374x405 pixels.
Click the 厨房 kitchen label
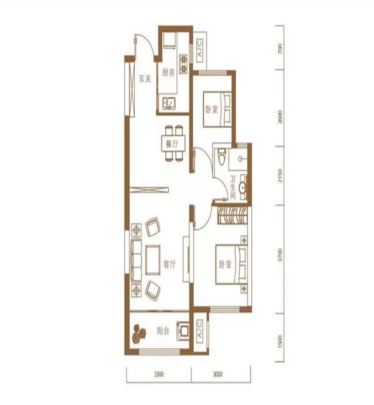pyautogui.click(x=168, y=73)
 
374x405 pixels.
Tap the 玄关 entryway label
pyautogui.click(x=145, y=79)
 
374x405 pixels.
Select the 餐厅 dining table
pyautogui.click(x=173, y=143)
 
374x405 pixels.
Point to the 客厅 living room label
pyautogui.click(x=170, y=264)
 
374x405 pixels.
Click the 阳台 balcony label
pyautogui.click(x=163, y=331)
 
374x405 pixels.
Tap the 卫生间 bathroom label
pyautogui.click(x=233, y=188)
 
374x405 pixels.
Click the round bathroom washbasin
pyautogui.click(x=242, y=187)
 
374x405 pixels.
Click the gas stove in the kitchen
pyautogui.click(x=183, y=64)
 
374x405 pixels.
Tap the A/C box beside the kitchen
pyautogui.click(x=200, y=50)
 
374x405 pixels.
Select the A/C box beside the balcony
pyautogui.click(x=199, y=331)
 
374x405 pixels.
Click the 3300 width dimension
pyautogui.click(x=159, y=374)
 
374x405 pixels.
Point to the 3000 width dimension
pyautogui.click(x=218, y=374)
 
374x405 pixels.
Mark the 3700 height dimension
pyautogui.click(x=280, y=255)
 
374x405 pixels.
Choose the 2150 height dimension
pyautogui.click(x=280, y=176)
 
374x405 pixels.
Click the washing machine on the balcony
pyautogui.click(x=183, y=330)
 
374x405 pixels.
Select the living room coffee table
pyautogui.click(x=153, y=260)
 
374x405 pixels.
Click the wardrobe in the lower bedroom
pyautogui.click(x=233, y=216)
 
